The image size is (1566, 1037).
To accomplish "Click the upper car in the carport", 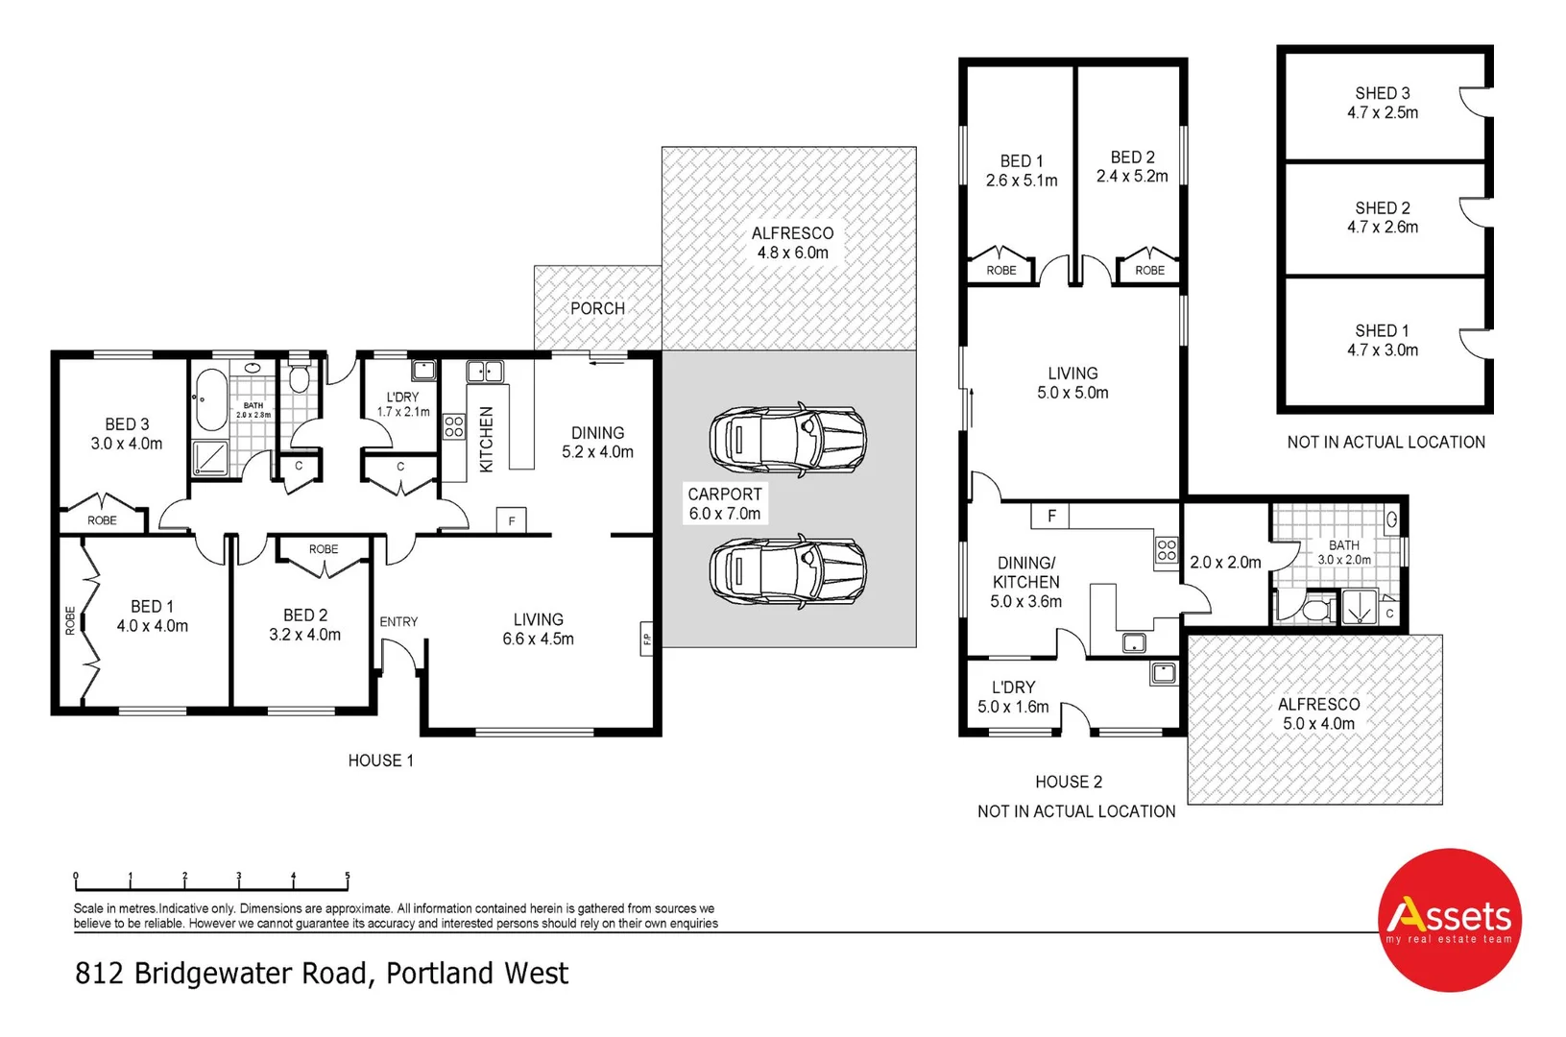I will click(x=787, y=440).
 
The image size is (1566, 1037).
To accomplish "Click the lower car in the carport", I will click(x=787, y=571).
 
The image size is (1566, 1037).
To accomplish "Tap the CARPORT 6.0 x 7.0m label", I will click(x=725, y=503).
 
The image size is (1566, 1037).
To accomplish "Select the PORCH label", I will click(x=597, y=308).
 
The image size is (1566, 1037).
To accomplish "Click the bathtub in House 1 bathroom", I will click(x=211, y=399).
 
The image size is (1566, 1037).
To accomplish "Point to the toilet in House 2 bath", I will click(x=1314, y=609).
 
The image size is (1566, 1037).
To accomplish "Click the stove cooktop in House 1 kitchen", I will click(x=454, y=426).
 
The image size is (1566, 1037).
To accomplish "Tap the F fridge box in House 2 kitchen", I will click(x=1051, y=516).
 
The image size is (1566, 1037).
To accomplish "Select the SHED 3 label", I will click(x=1382, y=93).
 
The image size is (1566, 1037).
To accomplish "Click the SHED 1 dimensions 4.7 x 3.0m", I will click(x=1382, y=350).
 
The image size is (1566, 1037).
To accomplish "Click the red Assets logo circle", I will click(x=1448, y=919).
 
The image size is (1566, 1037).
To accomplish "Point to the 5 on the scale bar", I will click(x=347, y=877).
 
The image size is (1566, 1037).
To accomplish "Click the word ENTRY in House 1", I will click(x=398, y=621).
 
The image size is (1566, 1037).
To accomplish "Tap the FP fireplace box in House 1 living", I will click(x=647, y=639).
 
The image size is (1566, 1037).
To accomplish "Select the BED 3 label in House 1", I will click(x=127, y=423).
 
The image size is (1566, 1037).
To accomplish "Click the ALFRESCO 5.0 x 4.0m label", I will click(x=1317, y=713).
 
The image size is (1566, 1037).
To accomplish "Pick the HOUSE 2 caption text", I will click(x=1068, y=782).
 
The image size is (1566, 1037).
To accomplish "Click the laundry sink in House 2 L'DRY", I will click(x=1164, y=673).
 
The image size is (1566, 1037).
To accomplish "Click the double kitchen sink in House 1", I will click(x=485, y=372).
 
